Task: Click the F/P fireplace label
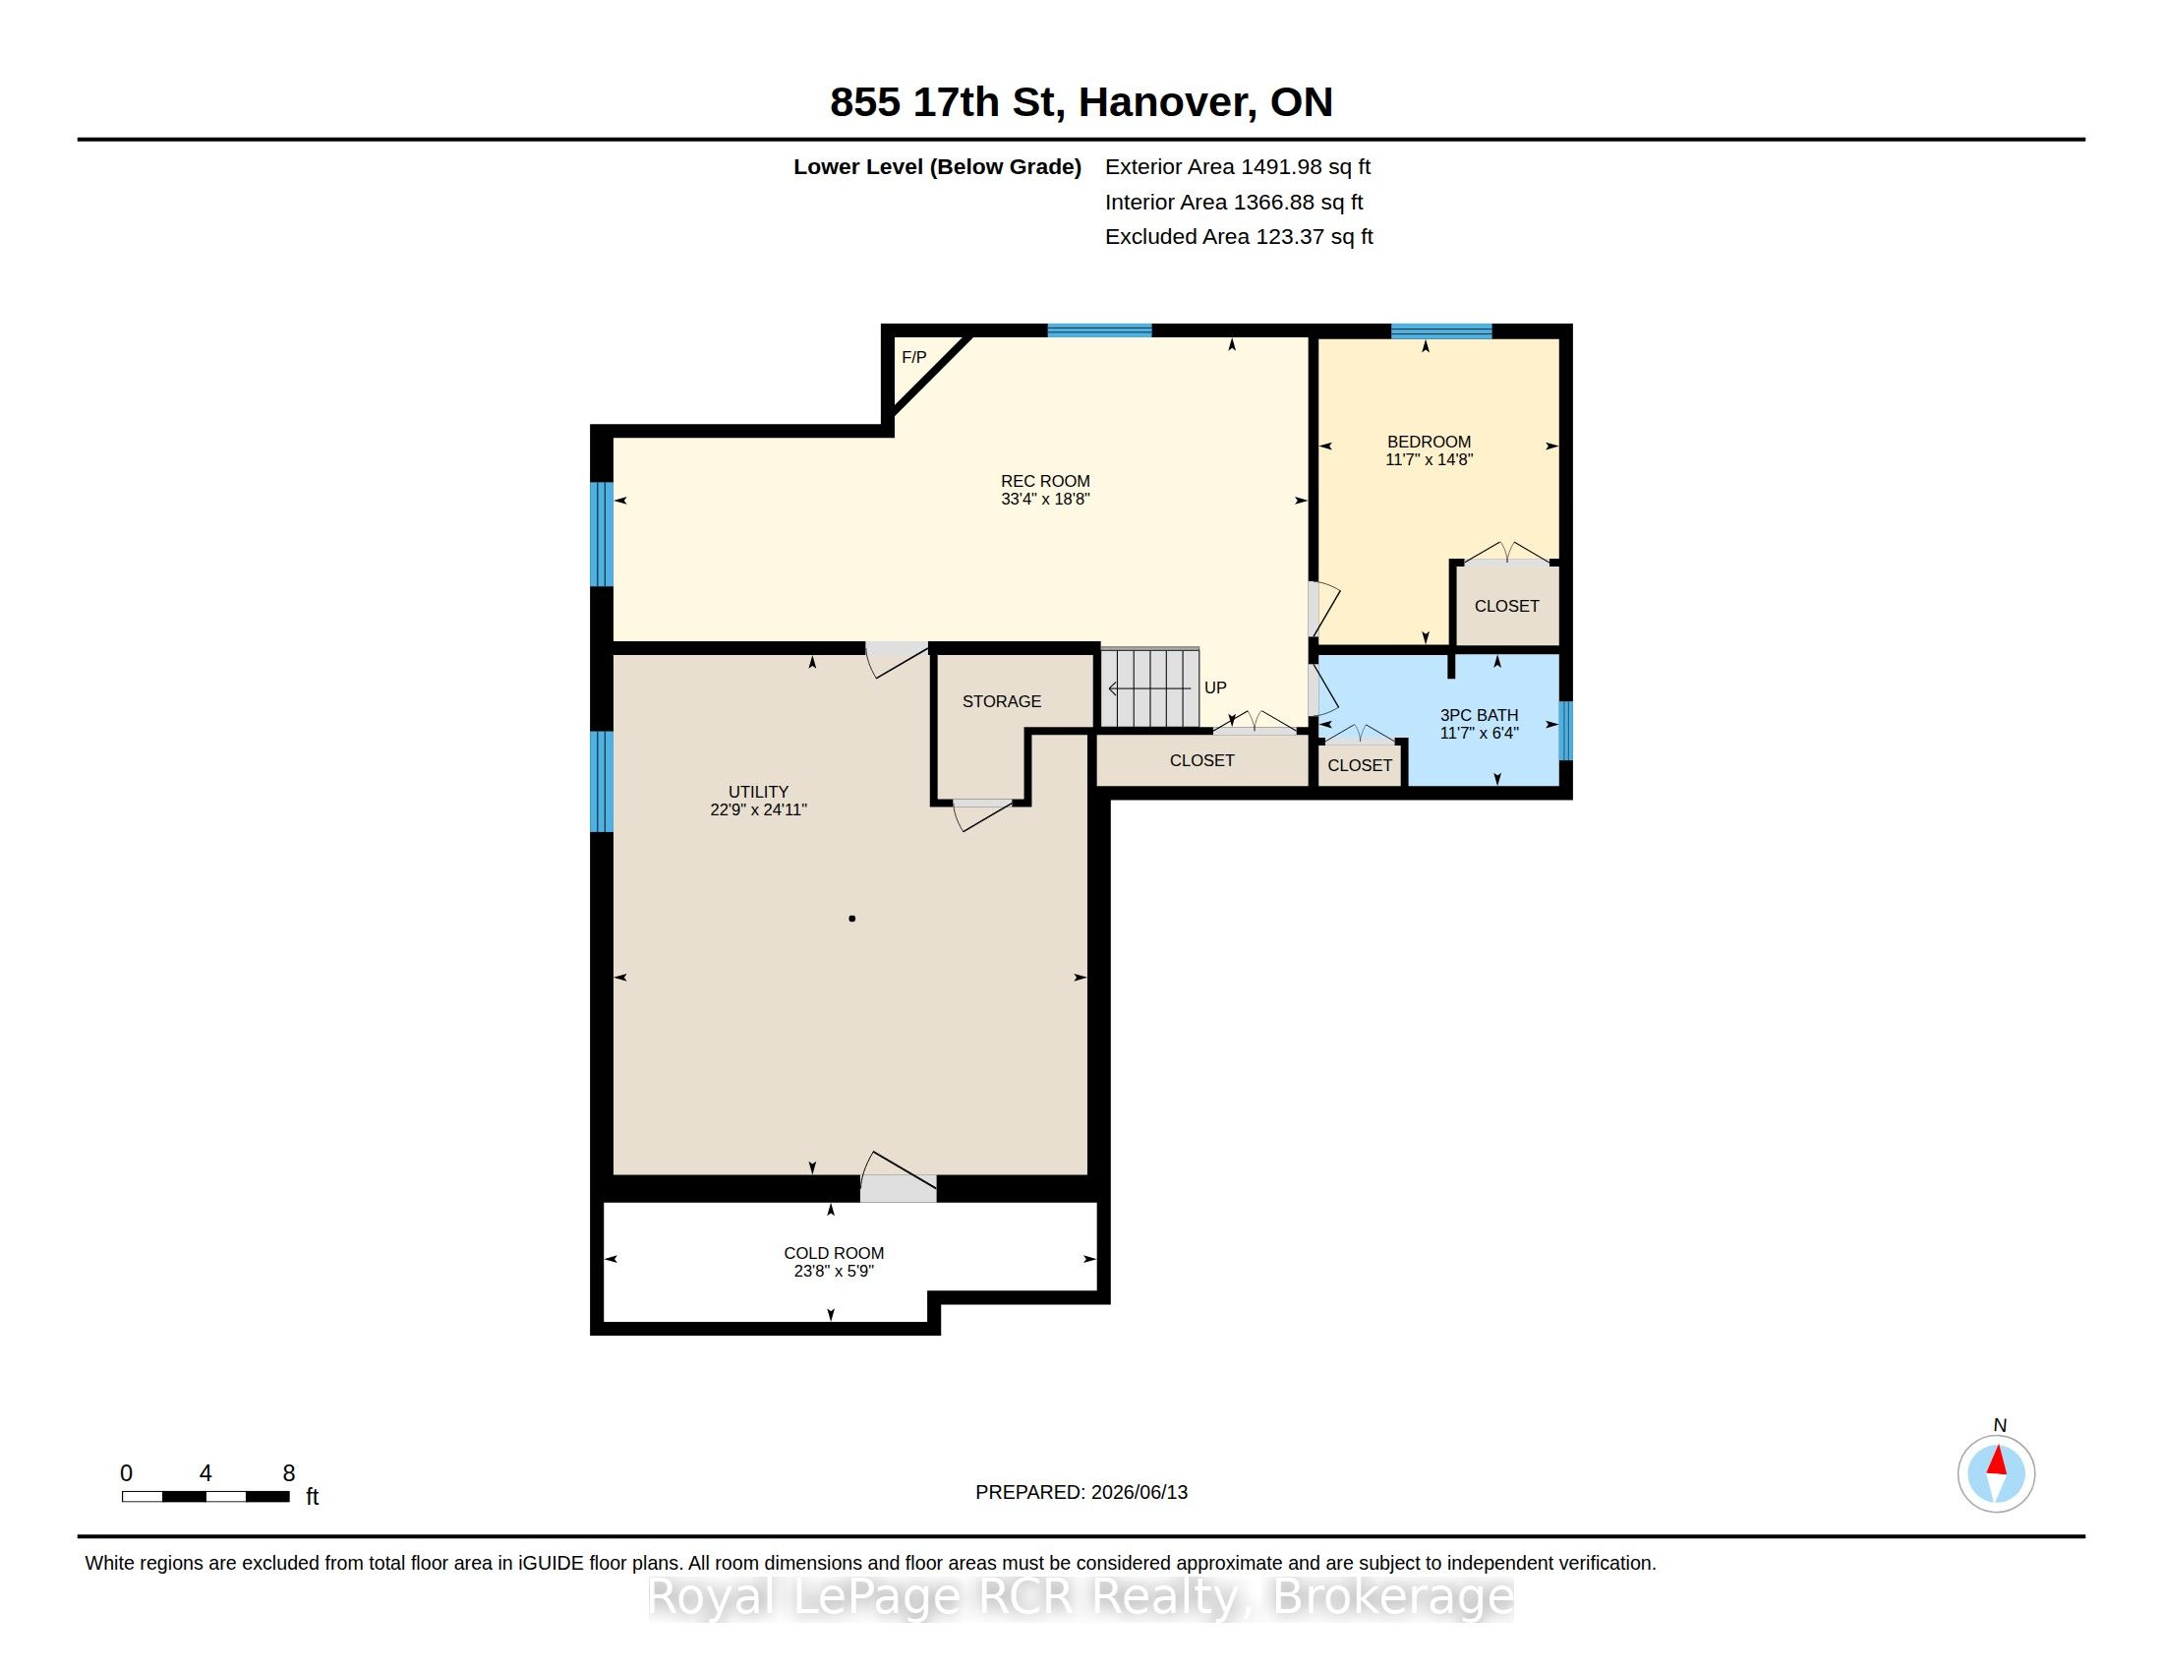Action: pyautogui.click(x=913, y=358)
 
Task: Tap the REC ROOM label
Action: pyautogui.click(x=1045, y=481)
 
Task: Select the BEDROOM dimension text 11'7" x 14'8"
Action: pyautogui.click(x=1430, y=459)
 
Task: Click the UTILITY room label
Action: pyautogui.click(x=759, y=792)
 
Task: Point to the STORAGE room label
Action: pyautogui.click(x=1001, y=701)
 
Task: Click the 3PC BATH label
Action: pyautogui.click(x=1479, y=715)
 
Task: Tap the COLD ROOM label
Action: pyautogui.click(x=834, y=1253)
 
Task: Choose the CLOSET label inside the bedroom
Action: pyautogui.click(x=1506, y=606)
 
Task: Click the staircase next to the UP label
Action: pyautogui.click(x=1150, y=687)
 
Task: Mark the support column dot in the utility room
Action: pyautogui.click(x=851, y=920)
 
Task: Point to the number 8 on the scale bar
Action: pyautogui.click(x=289, y=1473)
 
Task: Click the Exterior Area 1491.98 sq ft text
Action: pyautogui.click(x=1237, y=167)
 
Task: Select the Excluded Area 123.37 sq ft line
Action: pyautogui.click(x=1239, y=237)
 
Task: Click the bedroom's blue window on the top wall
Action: pyautogui.click(x=1441, y=330)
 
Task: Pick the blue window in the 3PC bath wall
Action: pyautogui.click(x=1566, y=730)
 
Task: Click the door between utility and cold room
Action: pyautogui.click(x=898, y=1177)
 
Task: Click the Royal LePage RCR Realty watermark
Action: pyautogui.click(x=1081, y=1596)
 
